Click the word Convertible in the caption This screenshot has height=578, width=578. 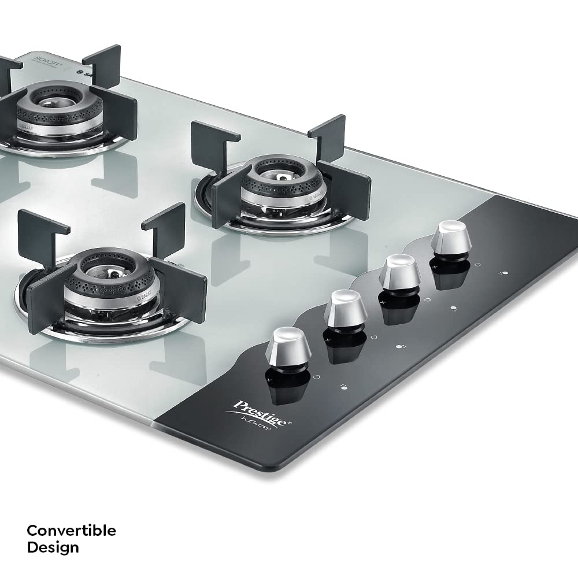point(71,531)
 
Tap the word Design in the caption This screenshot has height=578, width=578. point(53,547)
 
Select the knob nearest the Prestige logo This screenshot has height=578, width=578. point(288,346)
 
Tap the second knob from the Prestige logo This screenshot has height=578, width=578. point(345,309)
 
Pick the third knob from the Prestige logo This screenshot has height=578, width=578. point(399,271)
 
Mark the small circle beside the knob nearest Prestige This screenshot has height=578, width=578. point(316,377)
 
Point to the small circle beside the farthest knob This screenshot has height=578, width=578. point(477,265)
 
